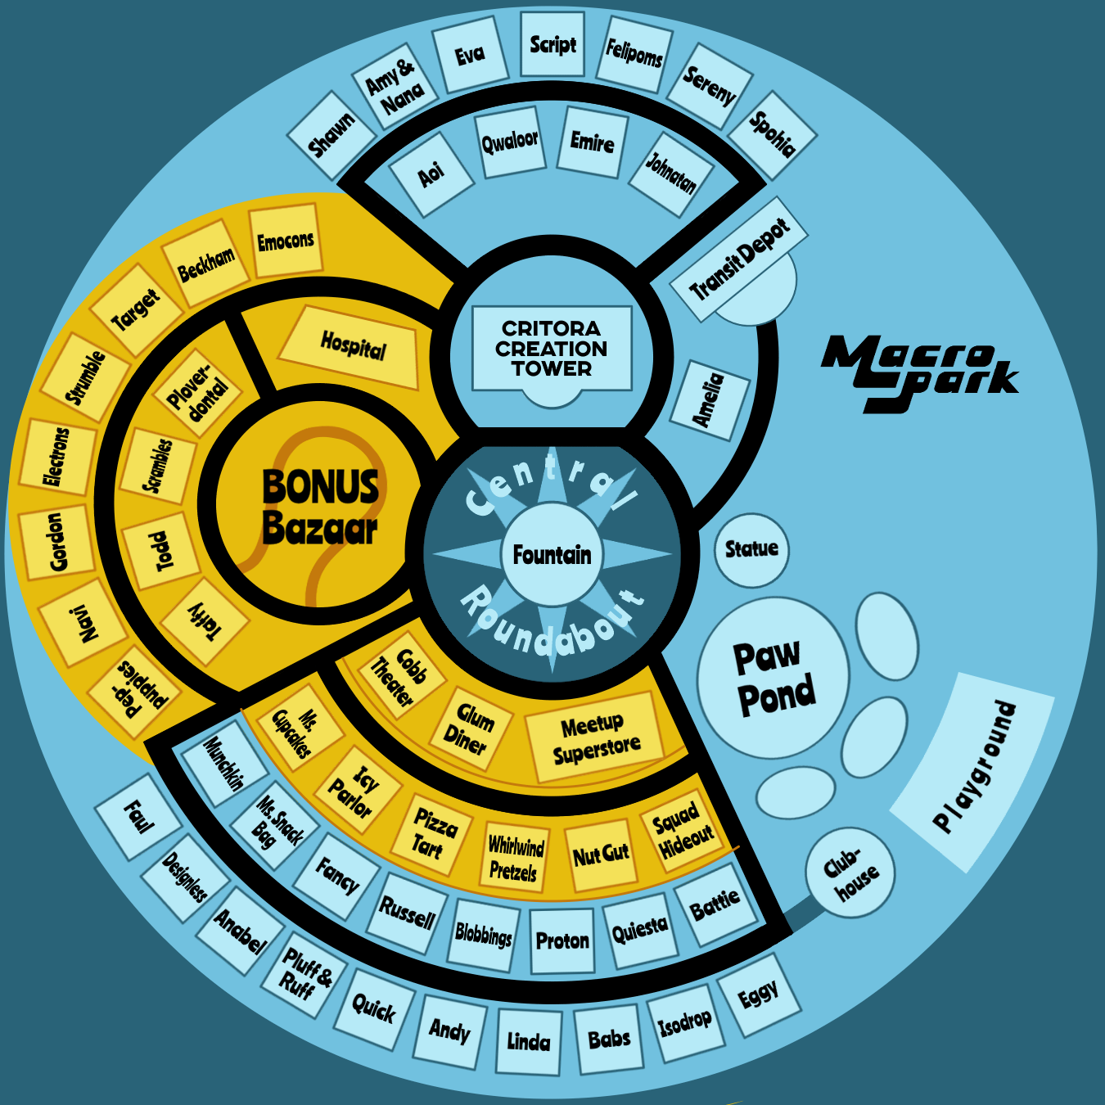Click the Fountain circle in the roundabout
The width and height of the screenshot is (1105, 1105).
pyautogui.click(x=552, y=554)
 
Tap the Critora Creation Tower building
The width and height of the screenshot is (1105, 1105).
pyautogui.click(x=552, y=350)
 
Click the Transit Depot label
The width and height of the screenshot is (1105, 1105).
pyautogui.click(x=739, y=259)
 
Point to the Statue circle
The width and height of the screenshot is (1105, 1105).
pyautogui.click(x=751, y=549)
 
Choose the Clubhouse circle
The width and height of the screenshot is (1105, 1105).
pyautogui.click(x=850, y=873)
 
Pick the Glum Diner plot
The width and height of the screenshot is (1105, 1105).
pyautogui.click(x=470, y=728)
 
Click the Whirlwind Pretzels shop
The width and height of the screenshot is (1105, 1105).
pyautogui.click(x=514, y=857)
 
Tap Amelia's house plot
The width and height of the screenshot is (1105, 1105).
pyautogui.click(x=710, y=399)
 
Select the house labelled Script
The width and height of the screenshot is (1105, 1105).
pyautogui.click(x=552, y=45)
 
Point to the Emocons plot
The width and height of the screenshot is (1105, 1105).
pyautogui.click(x=285, y=241)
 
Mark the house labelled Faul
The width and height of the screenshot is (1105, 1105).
pyautogui.click(x=138, y=817)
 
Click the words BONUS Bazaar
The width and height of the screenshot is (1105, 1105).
pyautogui.click(x=321, y=507)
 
